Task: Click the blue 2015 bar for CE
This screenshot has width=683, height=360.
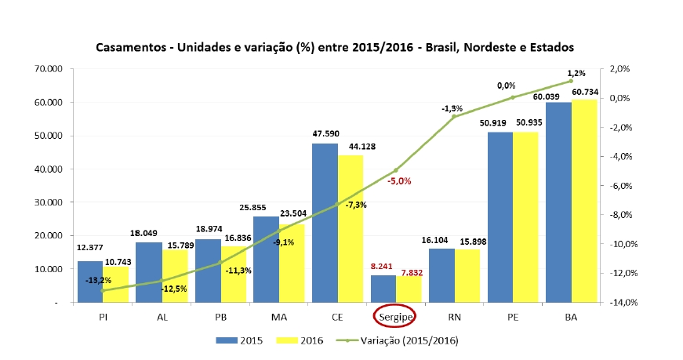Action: (x=325, y=224)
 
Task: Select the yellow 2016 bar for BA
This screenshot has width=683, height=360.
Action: (x=584, y=201)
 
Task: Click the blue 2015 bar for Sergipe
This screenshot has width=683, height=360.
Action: (x=383, y=288)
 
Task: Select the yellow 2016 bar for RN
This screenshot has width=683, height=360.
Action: (x=467, y=275)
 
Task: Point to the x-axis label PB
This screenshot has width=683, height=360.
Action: (x=220, y=316)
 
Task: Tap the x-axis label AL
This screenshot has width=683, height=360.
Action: (x=162, y=316)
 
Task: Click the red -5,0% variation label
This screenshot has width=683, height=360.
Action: (x=398, y=181)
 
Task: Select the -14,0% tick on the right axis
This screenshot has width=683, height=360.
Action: (x=619, y=302)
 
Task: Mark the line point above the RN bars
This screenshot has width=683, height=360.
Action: (x=454, y=117)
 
